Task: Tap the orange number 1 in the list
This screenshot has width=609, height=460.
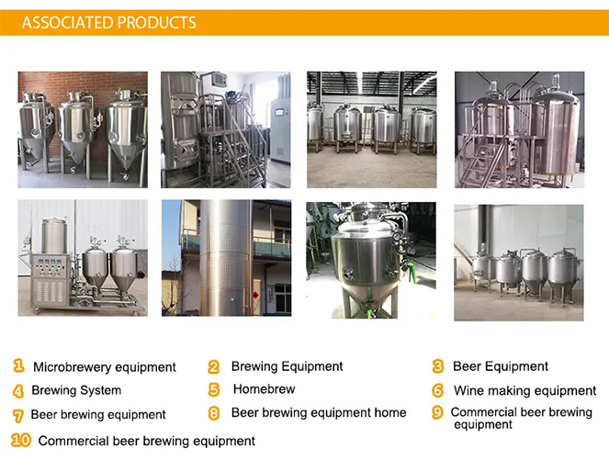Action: [x=18, y=365]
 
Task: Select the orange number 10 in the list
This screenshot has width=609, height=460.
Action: [x=21, y=440]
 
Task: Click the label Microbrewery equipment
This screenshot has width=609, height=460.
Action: [x=105, y=367]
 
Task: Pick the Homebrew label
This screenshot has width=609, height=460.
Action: [x=265, y=388]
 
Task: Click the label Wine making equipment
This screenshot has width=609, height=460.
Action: [x=524, y=390]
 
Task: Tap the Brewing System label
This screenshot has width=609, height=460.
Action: [x=76, y=390]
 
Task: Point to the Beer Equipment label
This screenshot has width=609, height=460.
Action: [x=501, y=366]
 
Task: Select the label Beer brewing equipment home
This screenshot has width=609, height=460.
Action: [x=319, y=412]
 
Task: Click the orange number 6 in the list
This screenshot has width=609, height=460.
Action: [x=438, y=390]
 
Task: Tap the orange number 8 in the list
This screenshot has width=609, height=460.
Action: [x=214, y=412]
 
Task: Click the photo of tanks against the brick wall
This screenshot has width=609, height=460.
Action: [x=83, y=129]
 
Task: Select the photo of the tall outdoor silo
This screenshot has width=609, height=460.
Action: [x=227, y=258]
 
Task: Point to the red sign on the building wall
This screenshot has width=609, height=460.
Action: [x=256, y=295]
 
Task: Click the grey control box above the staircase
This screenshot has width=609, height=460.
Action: [x=220, y=80]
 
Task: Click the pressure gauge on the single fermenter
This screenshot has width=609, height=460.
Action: [x=396, y=236]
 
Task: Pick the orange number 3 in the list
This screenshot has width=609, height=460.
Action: [x=438, y=366]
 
